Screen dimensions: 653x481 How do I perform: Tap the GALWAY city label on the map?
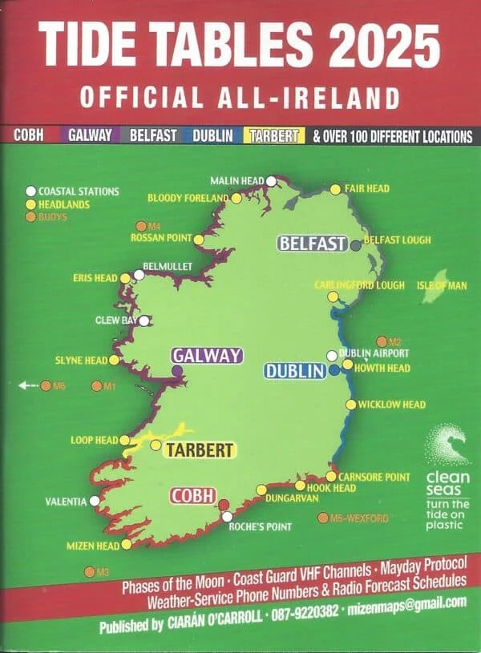click(207, 356)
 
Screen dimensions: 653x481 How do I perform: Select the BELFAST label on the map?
click(312, 244)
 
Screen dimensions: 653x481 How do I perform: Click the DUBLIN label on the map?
click(294, 371)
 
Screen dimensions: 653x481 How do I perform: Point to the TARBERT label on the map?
click(200, 449)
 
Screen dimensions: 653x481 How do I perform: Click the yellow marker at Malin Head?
click(272, 180)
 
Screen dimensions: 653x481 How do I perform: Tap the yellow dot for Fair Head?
click(335, 190)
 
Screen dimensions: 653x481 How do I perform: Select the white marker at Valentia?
click(95, 501)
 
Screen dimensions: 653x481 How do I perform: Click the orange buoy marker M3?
click(89, 572)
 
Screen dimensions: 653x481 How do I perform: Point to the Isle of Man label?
click(440, 286)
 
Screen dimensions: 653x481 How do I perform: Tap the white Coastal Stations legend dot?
click(30, 191)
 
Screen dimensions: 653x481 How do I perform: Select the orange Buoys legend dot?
click(30, 216)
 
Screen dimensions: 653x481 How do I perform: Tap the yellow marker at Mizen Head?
click(126, 545)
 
